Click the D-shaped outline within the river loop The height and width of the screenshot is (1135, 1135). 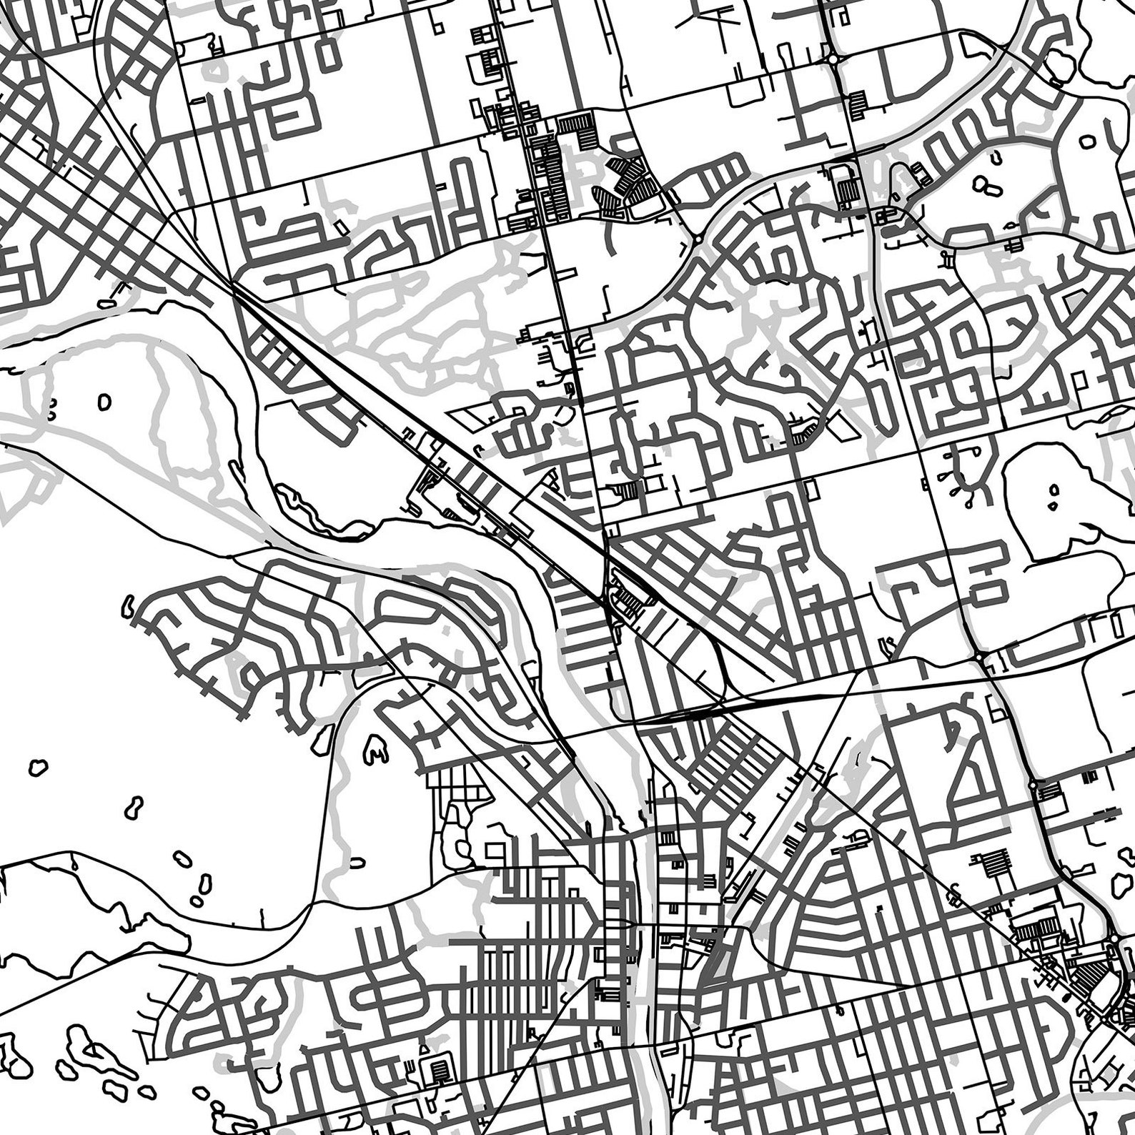(106, 402)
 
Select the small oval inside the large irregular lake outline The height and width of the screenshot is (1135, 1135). (1054, 490)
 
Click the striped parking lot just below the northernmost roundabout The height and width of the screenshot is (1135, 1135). (858, 103)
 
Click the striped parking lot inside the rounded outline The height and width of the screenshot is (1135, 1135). (437, 1071)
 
